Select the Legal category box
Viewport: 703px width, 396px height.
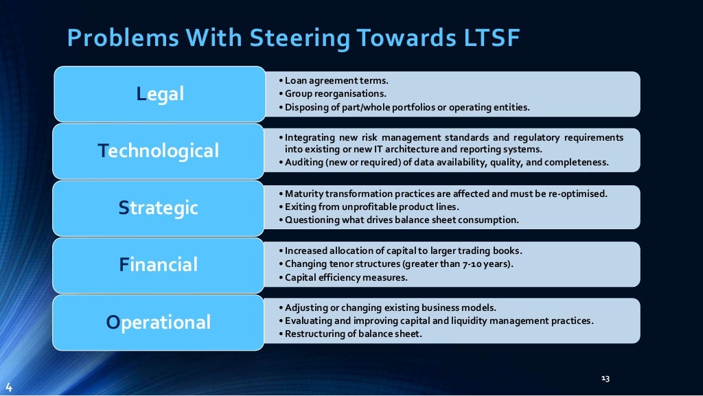(x=160, y=94)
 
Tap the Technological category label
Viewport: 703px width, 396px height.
(x=159, y=150)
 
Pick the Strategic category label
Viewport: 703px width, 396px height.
(x=159, y=207)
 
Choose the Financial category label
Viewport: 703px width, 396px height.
(x=159, y=264)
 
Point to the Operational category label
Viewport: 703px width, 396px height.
(x=159, y=322)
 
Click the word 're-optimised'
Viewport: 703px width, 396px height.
(x=579, y=194)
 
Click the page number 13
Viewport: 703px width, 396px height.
(x=605, y=378)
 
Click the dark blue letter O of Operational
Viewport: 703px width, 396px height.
(x=113, y=322)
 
